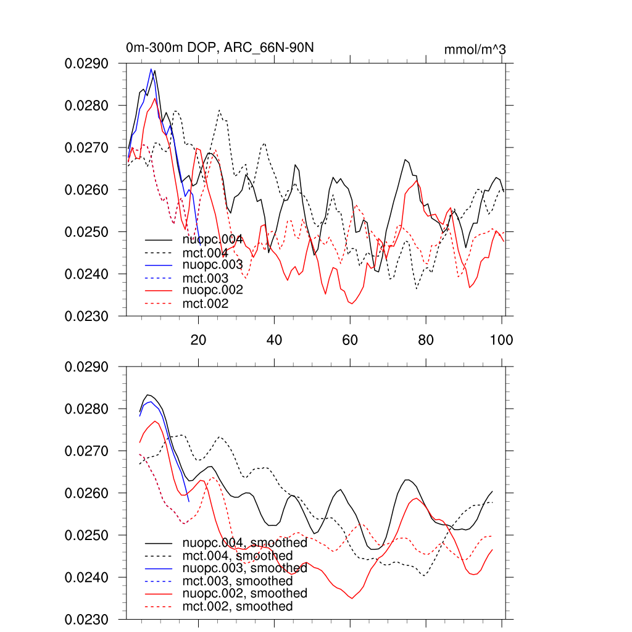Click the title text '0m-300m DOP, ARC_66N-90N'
[223, 48]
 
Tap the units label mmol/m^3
[475, 49]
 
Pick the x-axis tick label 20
[198, 339]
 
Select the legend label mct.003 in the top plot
[206, 278]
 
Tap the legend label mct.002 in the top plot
[206, 304]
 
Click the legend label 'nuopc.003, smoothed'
[245, 568]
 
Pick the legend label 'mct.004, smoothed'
[238, 556]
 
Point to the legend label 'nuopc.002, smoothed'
[245, 594]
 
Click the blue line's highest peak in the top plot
[151, 69]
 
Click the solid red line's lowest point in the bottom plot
[352, 598]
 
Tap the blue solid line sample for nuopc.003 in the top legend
[159, 265]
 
